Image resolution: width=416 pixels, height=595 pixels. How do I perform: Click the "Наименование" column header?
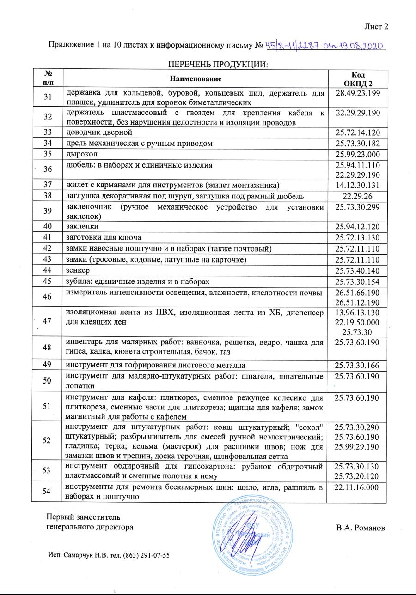click(195, 79)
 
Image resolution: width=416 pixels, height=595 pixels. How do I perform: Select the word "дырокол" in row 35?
click(80, 153)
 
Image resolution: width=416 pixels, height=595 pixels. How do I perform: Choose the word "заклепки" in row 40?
click(82, 227)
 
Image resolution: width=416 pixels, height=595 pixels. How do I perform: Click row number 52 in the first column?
click(47, 440)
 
